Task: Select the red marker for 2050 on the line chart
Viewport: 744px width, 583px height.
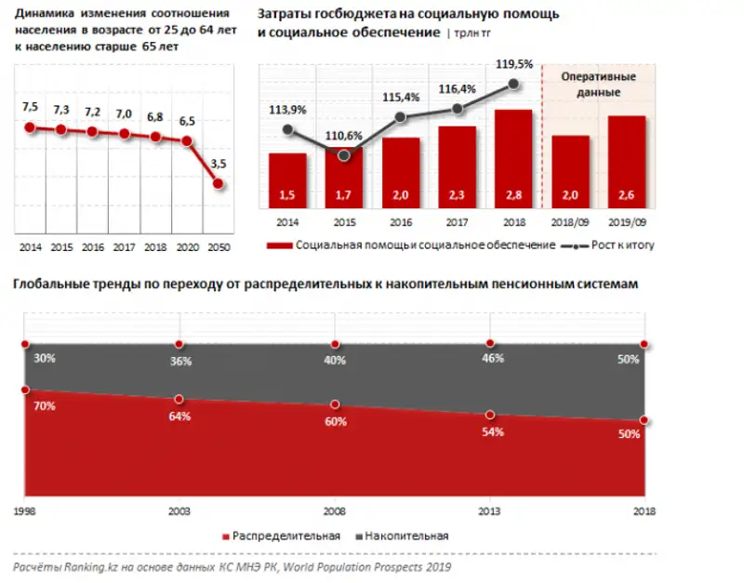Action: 218,184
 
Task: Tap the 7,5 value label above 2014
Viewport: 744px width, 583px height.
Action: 30,107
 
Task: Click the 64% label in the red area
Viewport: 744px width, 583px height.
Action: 179,417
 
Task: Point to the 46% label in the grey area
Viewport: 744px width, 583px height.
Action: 492,357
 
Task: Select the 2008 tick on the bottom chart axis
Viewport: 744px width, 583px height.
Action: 335,511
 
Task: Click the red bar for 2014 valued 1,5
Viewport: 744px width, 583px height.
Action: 287,181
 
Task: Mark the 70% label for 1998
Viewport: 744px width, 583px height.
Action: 45,406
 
